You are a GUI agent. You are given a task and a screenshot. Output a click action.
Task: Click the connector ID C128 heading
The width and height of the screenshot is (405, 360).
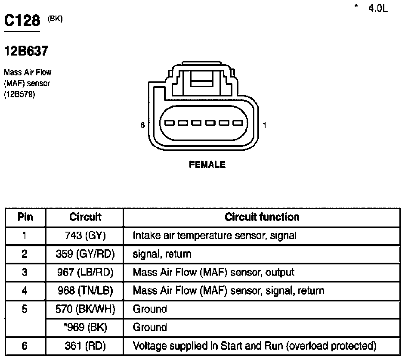(x=22, y=20)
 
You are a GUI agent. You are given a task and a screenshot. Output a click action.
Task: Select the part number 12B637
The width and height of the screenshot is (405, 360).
(x=26, y=51)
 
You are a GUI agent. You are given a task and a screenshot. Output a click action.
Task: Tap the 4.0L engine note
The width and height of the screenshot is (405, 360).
(x=378, y=9)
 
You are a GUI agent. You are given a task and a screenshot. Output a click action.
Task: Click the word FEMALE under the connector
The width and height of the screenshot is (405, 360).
(x=207, y=164)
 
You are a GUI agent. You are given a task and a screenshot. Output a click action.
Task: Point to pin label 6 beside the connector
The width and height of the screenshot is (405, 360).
(x=143, y=125)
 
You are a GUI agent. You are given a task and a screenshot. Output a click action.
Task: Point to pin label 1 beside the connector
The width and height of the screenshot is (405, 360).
(x=264, y=125)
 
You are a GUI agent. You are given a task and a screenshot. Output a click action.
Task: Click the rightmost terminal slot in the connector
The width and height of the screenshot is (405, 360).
(x=238, y=123)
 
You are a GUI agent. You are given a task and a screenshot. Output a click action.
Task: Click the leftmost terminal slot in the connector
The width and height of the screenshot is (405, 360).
(x=170, y=123)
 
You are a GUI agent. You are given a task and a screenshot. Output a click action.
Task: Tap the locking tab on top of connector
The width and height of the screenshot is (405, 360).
(x=202, y=79)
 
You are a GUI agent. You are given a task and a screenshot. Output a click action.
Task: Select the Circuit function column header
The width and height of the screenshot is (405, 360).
(x=262, y=217)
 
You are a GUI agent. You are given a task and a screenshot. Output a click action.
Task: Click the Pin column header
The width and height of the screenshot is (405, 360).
(x=25, y=217)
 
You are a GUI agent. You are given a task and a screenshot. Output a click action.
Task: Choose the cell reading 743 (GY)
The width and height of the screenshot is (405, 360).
(x=85, y=236)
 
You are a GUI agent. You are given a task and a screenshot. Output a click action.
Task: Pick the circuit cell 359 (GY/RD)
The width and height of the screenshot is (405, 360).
(x=85, y=254)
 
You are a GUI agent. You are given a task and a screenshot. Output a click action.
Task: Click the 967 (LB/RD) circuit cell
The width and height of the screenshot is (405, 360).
(x=85, y=273)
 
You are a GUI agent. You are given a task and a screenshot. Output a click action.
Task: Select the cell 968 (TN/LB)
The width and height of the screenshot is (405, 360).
(x=85, y=291)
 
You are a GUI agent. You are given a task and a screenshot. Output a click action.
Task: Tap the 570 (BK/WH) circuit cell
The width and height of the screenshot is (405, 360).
(x=85, y=309)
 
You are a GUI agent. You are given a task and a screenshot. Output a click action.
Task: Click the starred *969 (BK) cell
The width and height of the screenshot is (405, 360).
(x=85, y=327)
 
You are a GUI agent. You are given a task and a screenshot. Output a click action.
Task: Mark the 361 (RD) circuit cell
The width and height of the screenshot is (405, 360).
(x=85, y=346)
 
